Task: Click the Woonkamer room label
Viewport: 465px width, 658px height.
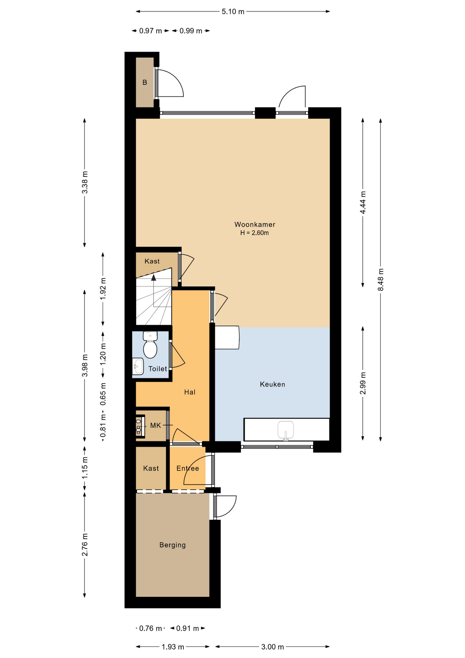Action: click(x=255, y=224)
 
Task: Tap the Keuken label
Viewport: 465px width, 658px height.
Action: click(x=273, y=384)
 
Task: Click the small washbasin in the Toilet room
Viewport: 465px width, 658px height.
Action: click(x=138, y=366)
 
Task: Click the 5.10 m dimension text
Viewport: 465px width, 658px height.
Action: click(x=233, y=12)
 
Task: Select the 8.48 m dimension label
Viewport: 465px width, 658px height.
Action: click(x=381, y=280)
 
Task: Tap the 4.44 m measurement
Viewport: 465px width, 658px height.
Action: click(x=363, y=203)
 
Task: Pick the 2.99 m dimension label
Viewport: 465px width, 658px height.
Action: click(x=363, y=383)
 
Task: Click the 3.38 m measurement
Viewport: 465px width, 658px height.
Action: click(x=85, y=182)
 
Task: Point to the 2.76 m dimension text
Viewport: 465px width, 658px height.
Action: click(x=85, y=545)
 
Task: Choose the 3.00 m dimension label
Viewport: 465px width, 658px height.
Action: click(x=273, y=647)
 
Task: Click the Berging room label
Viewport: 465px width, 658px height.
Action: click(x=173, y=545)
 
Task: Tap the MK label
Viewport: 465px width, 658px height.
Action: click(x=155, y=425)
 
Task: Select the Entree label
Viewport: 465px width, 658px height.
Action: click(x=188, y=468)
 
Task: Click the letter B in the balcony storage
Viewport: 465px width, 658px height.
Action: click(x=145, y=83)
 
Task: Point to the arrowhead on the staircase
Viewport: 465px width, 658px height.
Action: click(x=154, y=278)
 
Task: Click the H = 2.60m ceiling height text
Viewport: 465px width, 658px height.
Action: click(x=254, y=233)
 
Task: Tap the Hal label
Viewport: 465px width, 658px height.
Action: click(x=190, y=392)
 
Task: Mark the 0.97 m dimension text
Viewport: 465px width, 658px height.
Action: click(x=150, y=31)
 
